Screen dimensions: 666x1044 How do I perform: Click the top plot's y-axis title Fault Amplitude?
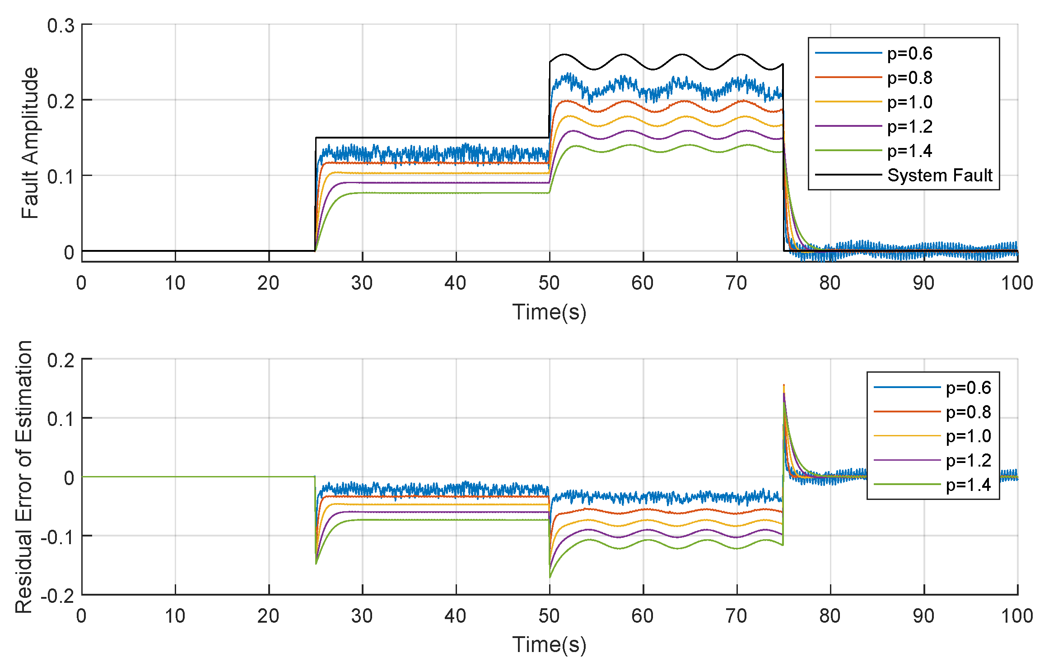coord(30,143)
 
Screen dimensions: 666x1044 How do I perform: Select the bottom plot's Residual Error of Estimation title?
coord(23,476)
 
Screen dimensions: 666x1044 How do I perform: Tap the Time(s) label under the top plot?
coord(549,312)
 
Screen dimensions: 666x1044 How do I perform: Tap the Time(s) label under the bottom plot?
coord(549,644)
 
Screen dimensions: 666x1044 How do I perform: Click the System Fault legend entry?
coord(939,175)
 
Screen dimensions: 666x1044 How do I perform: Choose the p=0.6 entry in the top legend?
coord(909,54)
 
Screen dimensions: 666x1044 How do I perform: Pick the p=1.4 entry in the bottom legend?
coord(968,485)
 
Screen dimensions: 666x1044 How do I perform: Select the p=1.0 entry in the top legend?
coord(909,102)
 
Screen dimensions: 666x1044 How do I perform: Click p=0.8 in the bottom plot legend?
coord(968,412)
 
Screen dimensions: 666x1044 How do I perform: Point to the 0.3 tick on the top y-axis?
coord(61,26)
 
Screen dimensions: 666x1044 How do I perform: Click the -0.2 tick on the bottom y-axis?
coord(57,596)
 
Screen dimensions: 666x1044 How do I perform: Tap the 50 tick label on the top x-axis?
coord(549,283)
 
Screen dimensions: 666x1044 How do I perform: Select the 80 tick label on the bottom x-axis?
coord(830,616)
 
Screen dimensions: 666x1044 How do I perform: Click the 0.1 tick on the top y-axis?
coord(61,176)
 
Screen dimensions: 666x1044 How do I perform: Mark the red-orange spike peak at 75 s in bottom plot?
coord(783,385)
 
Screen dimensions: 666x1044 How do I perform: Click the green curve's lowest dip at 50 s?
coord(550,577)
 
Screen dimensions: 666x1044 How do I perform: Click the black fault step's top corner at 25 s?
coord(316,138)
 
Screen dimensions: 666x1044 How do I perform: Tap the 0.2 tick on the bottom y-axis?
coord(61,361)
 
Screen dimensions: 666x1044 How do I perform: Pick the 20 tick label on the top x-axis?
coord(268,283)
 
